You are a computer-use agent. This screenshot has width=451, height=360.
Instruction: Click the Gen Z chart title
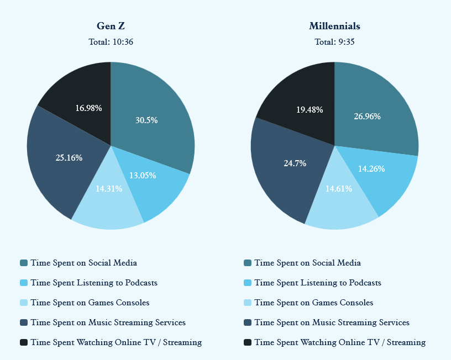point(111,26)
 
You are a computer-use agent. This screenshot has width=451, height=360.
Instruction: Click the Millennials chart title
point(334,26)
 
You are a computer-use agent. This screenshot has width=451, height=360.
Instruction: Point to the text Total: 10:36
point(111,42)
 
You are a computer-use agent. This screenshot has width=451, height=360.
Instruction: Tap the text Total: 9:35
point(334,42)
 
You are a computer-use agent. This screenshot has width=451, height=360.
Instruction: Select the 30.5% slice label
point(146,120)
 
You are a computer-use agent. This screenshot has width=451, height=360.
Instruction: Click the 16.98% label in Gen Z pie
point(88,108)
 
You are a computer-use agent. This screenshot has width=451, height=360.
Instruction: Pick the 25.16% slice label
point(69,158)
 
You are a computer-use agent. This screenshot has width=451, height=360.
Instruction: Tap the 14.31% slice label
point(109,188)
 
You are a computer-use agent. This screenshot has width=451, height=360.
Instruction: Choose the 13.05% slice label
point(143,176)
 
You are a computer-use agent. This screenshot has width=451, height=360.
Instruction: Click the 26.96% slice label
point(367,117)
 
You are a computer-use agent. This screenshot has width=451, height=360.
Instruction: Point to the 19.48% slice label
point(310,110)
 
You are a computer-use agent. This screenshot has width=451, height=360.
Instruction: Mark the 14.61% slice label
point(339,188)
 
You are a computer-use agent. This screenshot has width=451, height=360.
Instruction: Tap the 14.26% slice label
point(371,169)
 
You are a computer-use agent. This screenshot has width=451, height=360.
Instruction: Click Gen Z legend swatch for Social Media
point(24,263)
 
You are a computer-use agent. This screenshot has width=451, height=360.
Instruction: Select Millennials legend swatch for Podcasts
point(248,283)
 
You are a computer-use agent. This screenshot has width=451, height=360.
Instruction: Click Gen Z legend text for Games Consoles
point(90,303)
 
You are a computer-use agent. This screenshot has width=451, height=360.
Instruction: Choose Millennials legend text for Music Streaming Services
point(332,322)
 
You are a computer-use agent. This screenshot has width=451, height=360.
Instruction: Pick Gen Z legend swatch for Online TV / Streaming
point(24,342)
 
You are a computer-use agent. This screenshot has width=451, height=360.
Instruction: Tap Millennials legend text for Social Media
point(307,263)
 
